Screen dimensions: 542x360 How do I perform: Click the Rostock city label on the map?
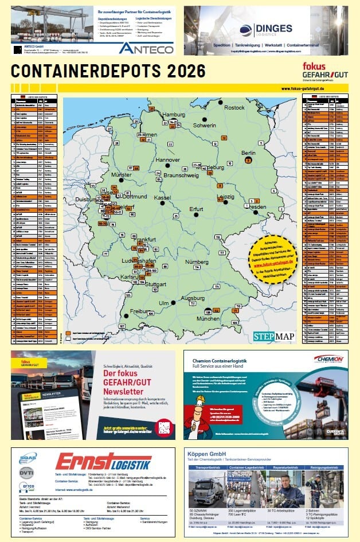234,107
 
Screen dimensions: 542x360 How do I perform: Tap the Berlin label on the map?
248,153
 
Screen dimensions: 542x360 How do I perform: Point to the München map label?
208,318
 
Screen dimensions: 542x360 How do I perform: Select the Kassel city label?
162,197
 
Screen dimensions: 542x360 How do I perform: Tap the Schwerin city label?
205,124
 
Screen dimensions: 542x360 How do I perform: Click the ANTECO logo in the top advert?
146,48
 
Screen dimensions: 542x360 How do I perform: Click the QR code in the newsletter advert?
164,426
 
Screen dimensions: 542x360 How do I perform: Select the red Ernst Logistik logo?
103,463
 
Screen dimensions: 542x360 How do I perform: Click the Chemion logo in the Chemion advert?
328,359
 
